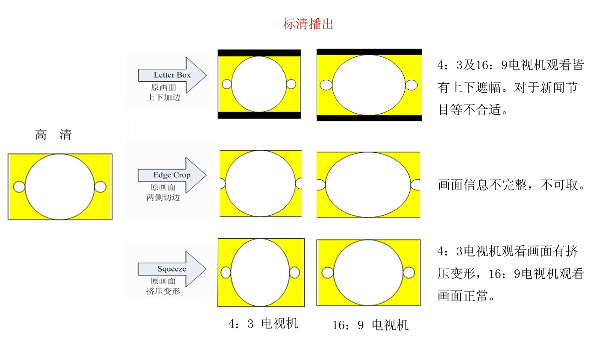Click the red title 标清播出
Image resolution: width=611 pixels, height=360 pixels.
[x=308, y=24]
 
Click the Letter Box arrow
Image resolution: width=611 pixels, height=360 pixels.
[x=172, y=75]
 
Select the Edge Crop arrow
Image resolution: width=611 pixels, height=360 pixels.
[x=172, y=175]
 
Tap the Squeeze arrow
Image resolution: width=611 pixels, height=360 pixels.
[x=172, y=269]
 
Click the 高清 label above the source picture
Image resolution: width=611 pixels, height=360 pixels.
[x=53, y=135]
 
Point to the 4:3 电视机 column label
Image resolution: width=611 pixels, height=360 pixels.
[x=263, y=324]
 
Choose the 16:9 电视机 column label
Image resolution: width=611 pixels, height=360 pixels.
[x=370, y=325]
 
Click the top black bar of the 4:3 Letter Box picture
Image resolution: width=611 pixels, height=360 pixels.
[x=259, y=53]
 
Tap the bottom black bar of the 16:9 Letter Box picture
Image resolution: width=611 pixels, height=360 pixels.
[x=369, y=118]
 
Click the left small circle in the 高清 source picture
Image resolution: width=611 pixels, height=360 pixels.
[x=19, y=187]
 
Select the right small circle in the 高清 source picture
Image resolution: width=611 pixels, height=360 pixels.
[x=100, y=187]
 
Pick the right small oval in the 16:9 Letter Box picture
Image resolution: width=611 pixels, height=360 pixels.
[x=411, y=85]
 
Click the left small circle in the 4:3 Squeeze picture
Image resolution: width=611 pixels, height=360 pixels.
[x=226, y=272]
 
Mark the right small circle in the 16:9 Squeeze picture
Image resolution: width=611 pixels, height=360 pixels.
[x=408, y=272]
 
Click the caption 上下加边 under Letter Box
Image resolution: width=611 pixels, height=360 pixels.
[x=163, y=97]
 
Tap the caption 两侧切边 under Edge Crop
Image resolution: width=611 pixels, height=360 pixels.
[x=163, y=197]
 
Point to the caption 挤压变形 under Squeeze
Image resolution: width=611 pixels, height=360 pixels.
[x=163, y=291]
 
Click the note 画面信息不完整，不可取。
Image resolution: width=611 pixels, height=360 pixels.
[x=511, y=185]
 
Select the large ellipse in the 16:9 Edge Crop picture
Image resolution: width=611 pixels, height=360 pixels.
[x=368, y=185]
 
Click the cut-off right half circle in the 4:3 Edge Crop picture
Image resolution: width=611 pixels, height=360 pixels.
[x=299, y=183]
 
